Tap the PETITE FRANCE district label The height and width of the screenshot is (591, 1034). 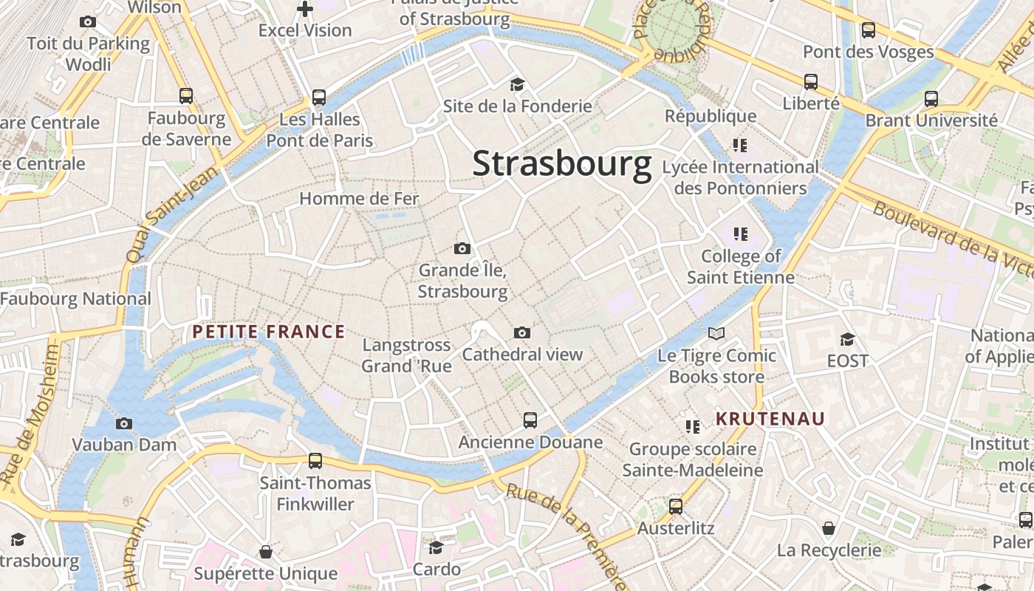tap(269, 332)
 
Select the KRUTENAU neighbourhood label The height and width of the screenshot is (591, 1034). tap(770, 419)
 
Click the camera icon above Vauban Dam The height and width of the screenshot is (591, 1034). tap(124, 423)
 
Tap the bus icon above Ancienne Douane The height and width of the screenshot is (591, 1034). tap(530, 420)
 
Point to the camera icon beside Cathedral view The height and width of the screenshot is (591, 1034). tap(521, 333)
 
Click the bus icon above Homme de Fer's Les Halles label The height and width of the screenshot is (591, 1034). tap(319, 97)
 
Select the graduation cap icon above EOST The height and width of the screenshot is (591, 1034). tap(847, 339)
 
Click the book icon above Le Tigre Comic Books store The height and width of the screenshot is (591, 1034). tap(716, 333)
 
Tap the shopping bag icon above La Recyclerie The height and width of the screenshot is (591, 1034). tap(829, 528)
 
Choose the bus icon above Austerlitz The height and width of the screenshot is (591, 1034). tap(676, 507)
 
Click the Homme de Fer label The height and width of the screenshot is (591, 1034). tap(359, 198)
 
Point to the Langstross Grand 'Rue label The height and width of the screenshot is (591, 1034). tap(406, 355)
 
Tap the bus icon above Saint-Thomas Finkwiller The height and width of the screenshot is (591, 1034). tap(315, 461)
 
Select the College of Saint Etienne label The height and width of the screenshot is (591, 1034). tap(741, 267)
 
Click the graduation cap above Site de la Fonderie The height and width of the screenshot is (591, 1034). tap(517, 84)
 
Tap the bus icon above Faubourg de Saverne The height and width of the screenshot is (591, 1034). tap(186, 95)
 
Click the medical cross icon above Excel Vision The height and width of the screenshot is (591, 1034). tap(305, 9)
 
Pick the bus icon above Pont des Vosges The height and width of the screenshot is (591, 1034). tap(869, 30)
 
